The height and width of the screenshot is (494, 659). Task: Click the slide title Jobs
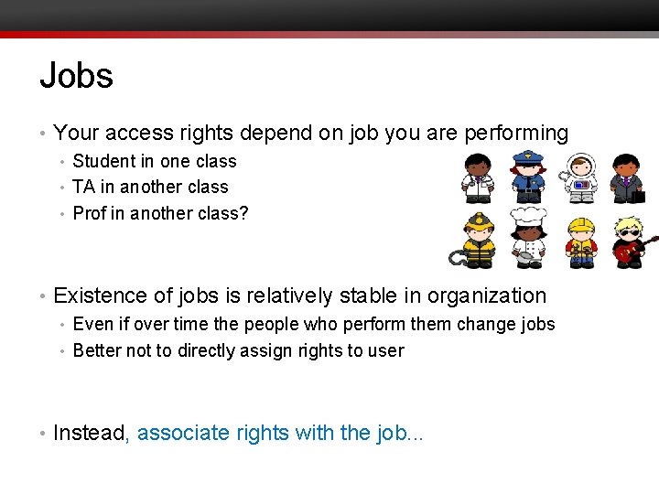pyautogui.click(x=76, y=75)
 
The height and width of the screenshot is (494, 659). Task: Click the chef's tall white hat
pyautogui.click(x=527, y=218)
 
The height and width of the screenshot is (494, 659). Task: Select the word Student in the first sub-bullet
pyautogui.click(x=103, y=161)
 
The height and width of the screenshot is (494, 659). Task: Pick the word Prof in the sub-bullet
pyautogui.click(x=88, y=213)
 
